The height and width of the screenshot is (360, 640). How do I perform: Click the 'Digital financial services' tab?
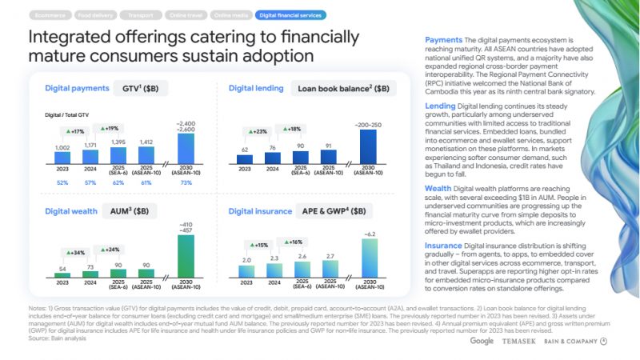pyautogui.click(x=290, y=14)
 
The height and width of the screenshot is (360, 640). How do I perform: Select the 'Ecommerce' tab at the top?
pyautogui.click(x=50, y=14)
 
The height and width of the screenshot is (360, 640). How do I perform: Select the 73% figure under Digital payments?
pyautogui.click(x=185, y=183)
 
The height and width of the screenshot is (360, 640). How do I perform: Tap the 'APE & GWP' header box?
pyautogui.click(x=336, y=211)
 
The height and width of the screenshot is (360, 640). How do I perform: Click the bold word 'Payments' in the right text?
pyautogui.click(x=443, y=39)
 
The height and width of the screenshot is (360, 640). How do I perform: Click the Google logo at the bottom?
pyautogui.click(x=482, y=341)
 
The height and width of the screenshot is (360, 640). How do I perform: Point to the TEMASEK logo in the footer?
pyautogui.click(x=519, y=342)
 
